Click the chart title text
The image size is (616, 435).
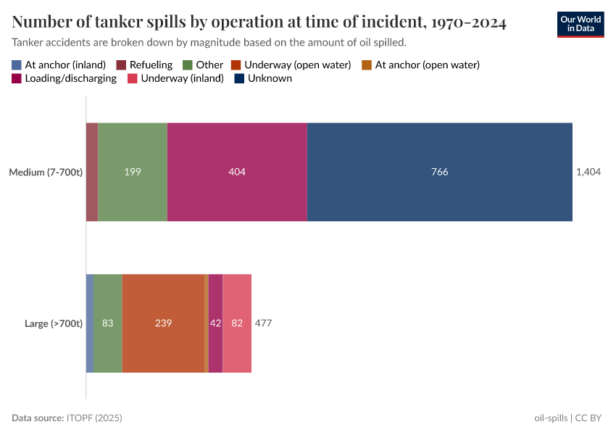pos(259,22)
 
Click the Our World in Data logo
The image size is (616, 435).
pos(580,24)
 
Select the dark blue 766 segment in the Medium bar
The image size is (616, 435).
pos(439,172)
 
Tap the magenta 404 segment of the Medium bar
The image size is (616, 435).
pos(237,172)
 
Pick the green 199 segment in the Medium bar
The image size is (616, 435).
pos(133,172)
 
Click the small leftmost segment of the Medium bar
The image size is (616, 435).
pos(92,172)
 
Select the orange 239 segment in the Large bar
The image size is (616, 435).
pos(163,323)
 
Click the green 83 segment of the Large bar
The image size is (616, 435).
pos(108,323)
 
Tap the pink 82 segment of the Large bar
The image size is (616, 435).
pos(237,323)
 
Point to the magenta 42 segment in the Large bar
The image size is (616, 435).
pos(215,323)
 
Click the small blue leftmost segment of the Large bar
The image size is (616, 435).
pos(90,323)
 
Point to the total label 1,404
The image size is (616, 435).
pos(588,172)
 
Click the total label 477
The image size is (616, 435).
pos(263,323)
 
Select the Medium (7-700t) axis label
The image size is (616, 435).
pos(46,172)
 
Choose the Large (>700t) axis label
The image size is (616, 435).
pos(54,323)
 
